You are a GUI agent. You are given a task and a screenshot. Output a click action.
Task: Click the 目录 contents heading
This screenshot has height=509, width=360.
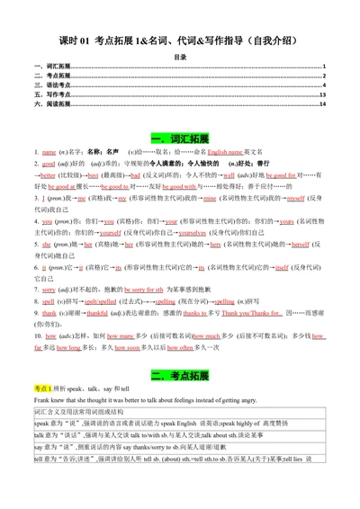click(x=180, y=57)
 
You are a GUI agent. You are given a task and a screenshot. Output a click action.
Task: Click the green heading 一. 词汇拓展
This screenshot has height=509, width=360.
click(x=180, y=138)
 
